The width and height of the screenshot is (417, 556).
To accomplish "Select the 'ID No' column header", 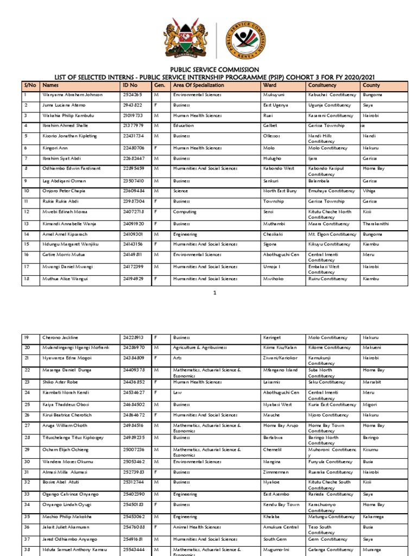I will coord(130,85).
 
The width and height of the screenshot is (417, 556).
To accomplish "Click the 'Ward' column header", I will coord(270,85).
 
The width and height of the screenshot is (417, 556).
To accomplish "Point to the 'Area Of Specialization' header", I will coord(198,85).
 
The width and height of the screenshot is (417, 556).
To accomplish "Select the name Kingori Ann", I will coord(55,148).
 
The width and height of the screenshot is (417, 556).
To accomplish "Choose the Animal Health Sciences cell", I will coord(197,527).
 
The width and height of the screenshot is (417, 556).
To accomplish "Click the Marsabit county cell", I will coord(373,382).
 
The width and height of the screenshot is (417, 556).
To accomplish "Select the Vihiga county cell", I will coord(370,191).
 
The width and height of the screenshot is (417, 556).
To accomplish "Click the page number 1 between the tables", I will coord(215,293).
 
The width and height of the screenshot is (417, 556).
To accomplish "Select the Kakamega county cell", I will coord(375,517).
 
